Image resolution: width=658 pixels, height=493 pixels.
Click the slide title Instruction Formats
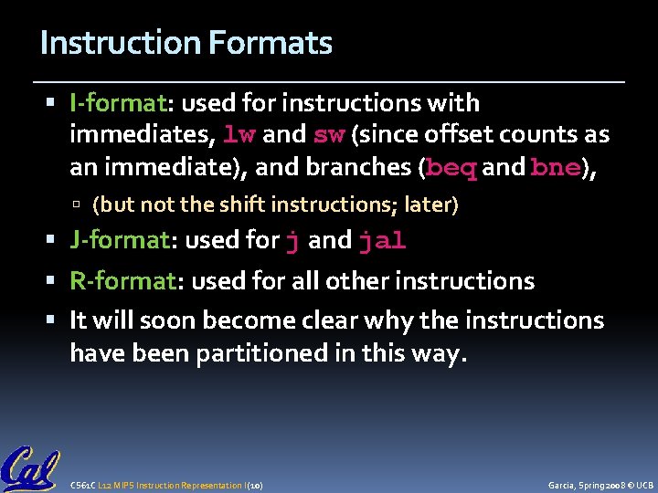tap(186, 43)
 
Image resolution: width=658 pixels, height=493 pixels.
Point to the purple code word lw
tap(240, 136)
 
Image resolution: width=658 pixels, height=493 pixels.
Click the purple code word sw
tap(328, 136)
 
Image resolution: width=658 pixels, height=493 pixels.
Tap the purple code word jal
tap(382, 241)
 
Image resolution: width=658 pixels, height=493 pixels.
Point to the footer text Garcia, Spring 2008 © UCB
tap(600, 484)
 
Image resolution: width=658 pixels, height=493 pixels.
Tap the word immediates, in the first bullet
tap(143, 135)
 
